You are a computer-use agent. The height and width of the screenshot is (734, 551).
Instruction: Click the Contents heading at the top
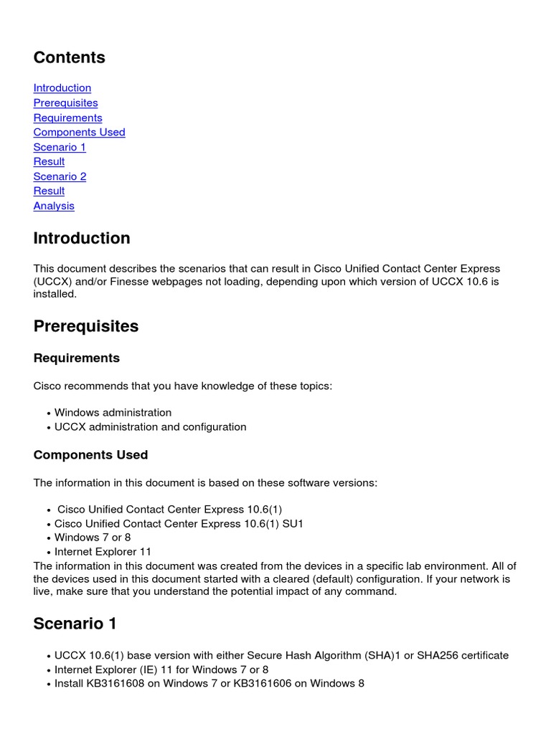tap(69, 58)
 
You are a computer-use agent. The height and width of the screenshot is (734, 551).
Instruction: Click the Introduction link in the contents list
tap(62, 88)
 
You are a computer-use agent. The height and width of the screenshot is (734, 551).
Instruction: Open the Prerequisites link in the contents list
tap(65, 103)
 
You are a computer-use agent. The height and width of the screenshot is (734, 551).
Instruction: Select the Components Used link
tap(79, 132)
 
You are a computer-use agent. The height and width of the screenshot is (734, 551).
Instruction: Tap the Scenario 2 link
tap(60, 176)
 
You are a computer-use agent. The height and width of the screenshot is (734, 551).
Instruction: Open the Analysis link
tap(54, 206)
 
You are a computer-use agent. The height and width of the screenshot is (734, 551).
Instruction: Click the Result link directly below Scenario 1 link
tap(49, 161)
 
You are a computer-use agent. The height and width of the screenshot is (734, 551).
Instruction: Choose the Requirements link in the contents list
tap(67, 118)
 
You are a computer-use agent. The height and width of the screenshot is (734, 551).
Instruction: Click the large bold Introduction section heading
tap(82, 239)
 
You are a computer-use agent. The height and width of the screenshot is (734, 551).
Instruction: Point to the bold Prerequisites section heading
tap(85, 326)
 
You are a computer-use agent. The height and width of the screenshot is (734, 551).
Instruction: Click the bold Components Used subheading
tap(90, 455)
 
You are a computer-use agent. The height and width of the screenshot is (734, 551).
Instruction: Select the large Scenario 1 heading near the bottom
tap(75, 624)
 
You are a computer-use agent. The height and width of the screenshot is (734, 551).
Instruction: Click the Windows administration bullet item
tap(113, 413)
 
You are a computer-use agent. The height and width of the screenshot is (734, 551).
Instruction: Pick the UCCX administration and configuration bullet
tap(150, 427)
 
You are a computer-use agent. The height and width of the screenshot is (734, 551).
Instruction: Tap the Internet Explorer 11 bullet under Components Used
tap(103, 552)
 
